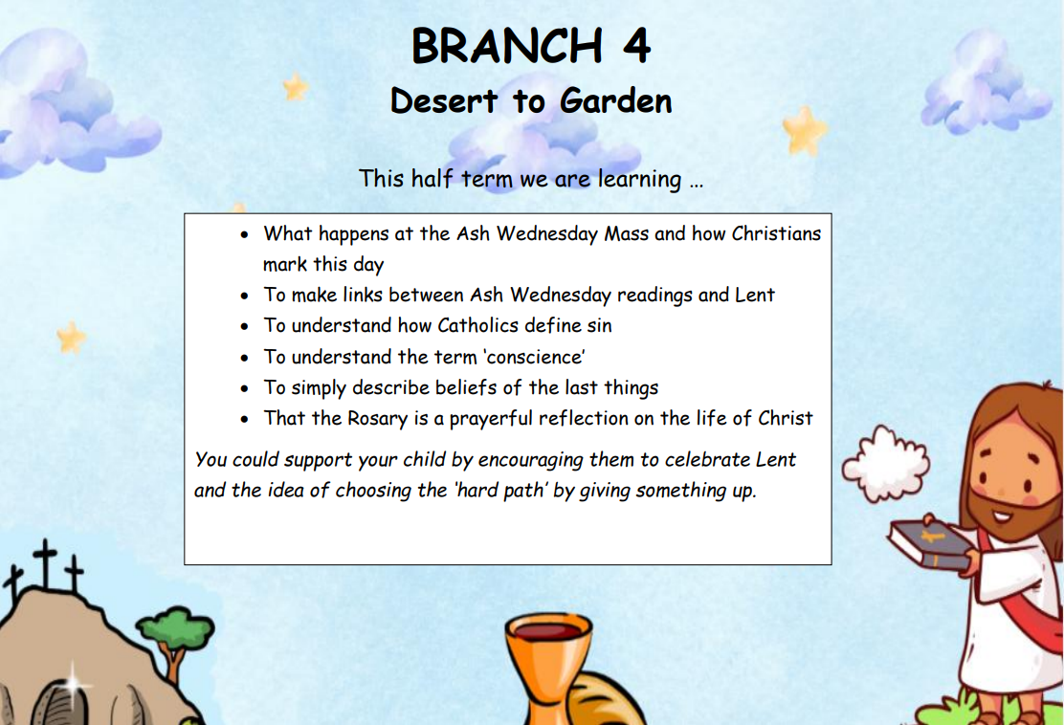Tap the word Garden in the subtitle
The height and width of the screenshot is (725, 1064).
[x=616, y=101]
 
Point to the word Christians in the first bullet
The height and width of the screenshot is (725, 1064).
[x=776, y=233]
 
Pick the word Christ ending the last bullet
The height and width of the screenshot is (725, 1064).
[x=786, y=418]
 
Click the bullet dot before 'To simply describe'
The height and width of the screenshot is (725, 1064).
[x=244, y=388]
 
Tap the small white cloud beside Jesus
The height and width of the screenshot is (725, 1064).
[x=885, y=464]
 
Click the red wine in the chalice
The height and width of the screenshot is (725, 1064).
[x=548, y=631]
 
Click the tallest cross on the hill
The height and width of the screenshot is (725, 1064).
[x=46, y=564]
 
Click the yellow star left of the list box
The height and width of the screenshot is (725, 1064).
[x=71, y=337]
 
